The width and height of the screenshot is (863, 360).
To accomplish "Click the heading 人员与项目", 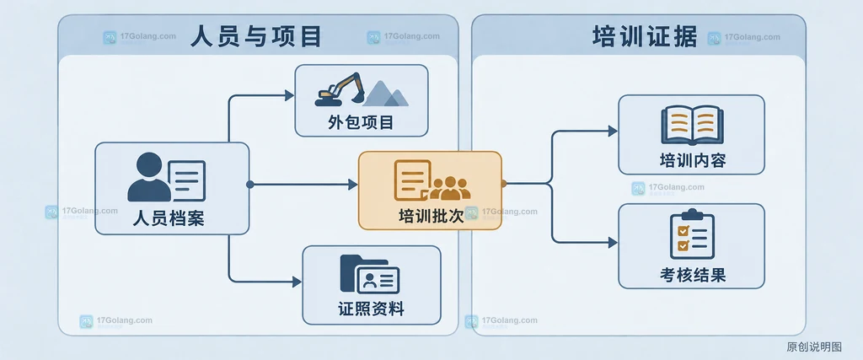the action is (x=256, y=37).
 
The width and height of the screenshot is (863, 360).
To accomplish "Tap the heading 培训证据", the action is (x=645, y=37).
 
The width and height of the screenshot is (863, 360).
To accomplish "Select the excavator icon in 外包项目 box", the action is (x=340, y=89).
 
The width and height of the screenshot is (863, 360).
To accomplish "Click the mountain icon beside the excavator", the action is (x=385, y=93).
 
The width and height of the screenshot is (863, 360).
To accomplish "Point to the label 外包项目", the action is (x=361, y=121).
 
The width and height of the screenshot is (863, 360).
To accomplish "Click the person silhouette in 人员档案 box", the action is (x=149, y=177).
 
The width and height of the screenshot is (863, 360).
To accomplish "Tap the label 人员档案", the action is (x=169, y=218).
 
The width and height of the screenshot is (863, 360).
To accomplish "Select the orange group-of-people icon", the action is (x=450, y=188).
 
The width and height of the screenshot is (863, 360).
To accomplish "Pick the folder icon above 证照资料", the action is (x=370, y=274).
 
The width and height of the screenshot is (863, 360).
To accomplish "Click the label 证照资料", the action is (x=372, y=309).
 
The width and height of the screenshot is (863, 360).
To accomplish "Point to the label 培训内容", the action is (x=693, y=161).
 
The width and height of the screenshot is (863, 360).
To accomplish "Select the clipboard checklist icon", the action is (x=692, y=234).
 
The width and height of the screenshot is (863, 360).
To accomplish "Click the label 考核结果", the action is (x=693, y=275).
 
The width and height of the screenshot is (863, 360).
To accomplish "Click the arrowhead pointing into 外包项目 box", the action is (x=290, y=96).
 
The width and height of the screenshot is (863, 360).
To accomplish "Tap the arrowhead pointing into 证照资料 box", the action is (x=297, y=282).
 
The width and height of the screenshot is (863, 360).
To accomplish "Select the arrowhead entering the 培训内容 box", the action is (x=613, y=131).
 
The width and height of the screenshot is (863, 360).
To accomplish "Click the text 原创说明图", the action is (x=814, y=347).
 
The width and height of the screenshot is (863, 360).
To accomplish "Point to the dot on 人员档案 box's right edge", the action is (x=249, y=185).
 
